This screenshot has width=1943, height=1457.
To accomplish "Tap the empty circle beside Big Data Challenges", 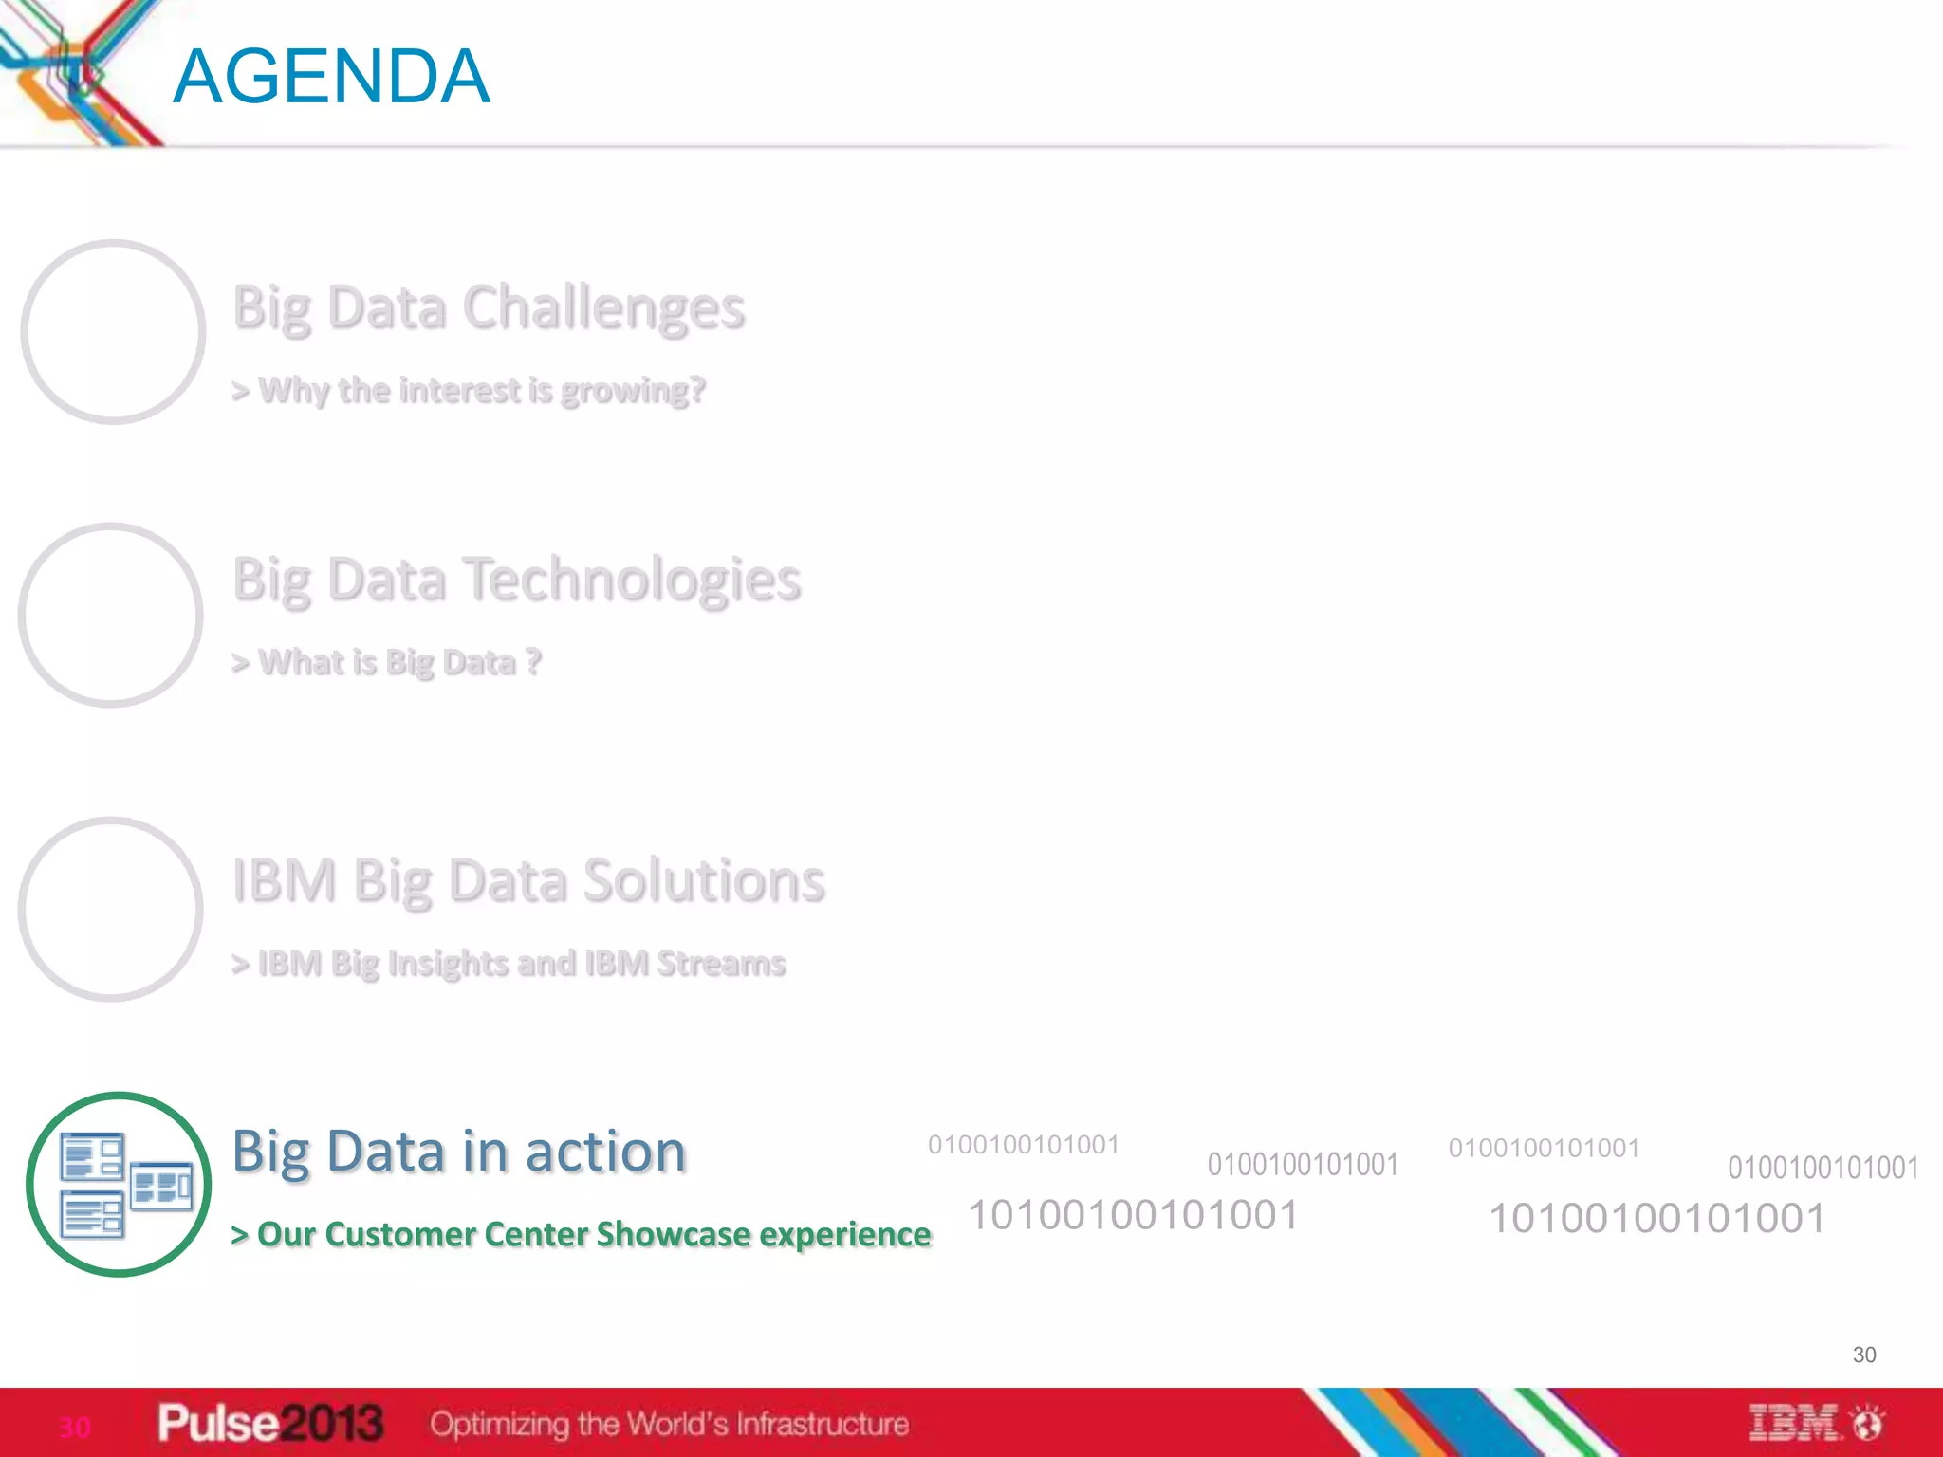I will (x=113, y=331).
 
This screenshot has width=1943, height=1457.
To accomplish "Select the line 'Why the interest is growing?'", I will (x=470, y=390).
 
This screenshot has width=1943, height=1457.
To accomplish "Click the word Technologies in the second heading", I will (x=634, y=580).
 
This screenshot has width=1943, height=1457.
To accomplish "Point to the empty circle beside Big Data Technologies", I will (x=111, y=615).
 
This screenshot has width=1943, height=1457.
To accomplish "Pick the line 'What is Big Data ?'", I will (x=387, y=662).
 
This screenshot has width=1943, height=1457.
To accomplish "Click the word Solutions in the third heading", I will (x=703, y=880).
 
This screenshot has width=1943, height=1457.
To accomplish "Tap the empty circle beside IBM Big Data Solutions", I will (x=111, y=909).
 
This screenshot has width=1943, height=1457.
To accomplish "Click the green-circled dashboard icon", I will (x=119, y=1184).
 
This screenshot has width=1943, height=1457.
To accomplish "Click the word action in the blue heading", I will (x=605, y=1152).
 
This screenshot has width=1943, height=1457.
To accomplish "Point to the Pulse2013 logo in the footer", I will (x=270, y=1423).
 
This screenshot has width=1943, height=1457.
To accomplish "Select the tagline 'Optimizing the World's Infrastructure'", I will (x=669, y=1424).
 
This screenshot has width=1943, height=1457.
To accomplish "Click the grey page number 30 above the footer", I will (x=1864, y=1355).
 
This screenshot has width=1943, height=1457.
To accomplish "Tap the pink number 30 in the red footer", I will (x=75, y=1427).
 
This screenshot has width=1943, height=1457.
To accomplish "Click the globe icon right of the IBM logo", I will (x=1869, y=1423).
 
